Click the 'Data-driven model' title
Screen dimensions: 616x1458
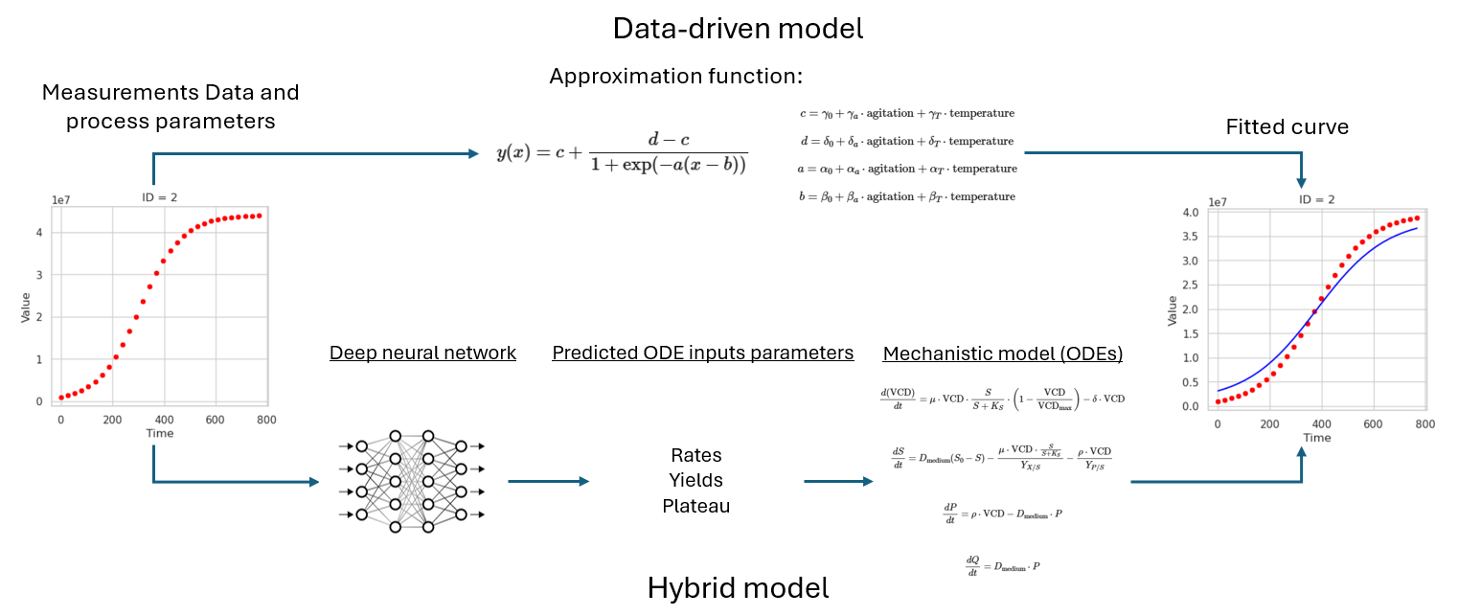pos(738,29)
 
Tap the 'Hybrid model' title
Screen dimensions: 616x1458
pos(738,587)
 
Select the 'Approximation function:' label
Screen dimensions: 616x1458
pos(675,77)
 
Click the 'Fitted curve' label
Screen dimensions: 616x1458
pos(1287,127)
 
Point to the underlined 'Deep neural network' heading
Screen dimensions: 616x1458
pos(422,354)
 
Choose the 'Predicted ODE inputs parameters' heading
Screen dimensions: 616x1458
pos(702,354)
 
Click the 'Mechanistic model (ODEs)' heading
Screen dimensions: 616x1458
pos(1002,354)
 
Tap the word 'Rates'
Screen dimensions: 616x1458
pos(695,455)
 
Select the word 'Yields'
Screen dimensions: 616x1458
pos(696,480)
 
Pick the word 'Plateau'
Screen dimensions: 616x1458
pos(695,506)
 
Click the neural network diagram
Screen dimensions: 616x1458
pos(410,481)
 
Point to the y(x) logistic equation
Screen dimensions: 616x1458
pos(622,153)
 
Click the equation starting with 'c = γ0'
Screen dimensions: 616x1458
pos(906,113)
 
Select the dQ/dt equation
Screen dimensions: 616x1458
pos(1002,565)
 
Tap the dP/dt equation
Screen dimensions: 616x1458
pos(1002,515)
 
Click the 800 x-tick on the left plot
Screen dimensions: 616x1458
pos(266,420)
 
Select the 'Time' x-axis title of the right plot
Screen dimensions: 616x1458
pos(1316,438)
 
